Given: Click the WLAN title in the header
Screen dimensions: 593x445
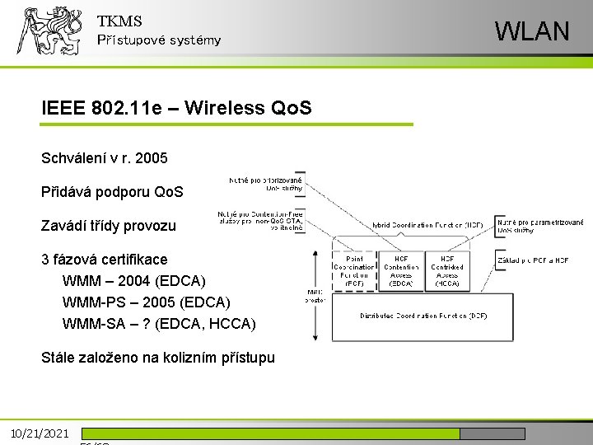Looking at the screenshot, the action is tap(531, 31).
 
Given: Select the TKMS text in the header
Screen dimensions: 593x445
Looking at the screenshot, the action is tap(119, 21).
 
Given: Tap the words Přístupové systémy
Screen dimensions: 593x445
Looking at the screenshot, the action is tap(159, 40).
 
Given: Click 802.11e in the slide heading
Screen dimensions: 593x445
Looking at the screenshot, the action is tap(127, 108).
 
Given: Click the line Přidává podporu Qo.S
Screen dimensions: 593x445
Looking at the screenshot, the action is tap(112, 192).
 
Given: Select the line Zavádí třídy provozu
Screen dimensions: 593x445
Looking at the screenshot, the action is tap(108, 225).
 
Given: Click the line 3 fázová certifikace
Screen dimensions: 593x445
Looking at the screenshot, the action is tap(104, 260).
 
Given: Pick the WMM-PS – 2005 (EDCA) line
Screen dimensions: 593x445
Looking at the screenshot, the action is tap(146, 302).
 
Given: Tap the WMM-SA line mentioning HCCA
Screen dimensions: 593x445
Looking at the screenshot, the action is tap(159, 324).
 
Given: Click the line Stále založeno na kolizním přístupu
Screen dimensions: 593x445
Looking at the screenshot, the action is tap(157, 358).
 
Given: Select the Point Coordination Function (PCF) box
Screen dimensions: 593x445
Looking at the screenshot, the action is tap(353, 271).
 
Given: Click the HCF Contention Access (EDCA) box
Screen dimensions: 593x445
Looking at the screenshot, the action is tap(401, 271).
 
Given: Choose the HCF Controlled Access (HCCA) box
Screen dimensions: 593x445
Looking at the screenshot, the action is tap(447, 271).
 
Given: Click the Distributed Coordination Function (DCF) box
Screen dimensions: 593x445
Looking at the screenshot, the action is tap(422, 316).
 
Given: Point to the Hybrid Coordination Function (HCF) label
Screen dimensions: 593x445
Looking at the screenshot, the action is tap(427, 224).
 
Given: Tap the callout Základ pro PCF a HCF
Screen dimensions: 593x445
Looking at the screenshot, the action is tap(532, 260).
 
